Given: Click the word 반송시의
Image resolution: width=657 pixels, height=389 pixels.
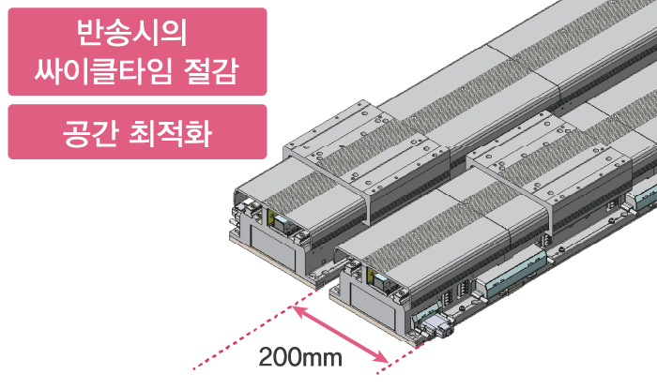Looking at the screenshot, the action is pyautogui.click(x=131, y=32).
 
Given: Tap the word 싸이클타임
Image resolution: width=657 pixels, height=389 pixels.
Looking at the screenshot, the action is pyautogui.click(x=102, y=71).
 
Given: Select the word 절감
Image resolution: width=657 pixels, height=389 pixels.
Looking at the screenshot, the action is pyautogui.click(x=211, y=71).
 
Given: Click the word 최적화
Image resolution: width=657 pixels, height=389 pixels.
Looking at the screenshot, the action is pyautogui.click(x=170, y=133).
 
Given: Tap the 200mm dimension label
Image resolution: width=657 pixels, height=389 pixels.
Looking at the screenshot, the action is pyautogui.click(x=300, y=358).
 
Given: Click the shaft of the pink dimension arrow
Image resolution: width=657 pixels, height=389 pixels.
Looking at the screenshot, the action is pyautogui.click(x=340, y=334).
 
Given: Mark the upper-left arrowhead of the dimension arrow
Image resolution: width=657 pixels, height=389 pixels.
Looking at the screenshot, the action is pyautogui.click(x=298, y=310).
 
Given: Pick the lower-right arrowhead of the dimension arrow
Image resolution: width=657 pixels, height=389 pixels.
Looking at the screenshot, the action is pyautogui.click(x=380, y=357).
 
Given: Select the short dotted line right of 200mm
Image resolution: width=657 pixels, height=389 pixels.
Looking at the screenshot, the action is pyautogui.click(x=401, y=359).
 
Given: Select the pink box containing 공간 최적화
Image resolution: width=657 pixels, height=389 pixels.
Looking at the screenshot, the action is pyautogui.click(x=137, y=132).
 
